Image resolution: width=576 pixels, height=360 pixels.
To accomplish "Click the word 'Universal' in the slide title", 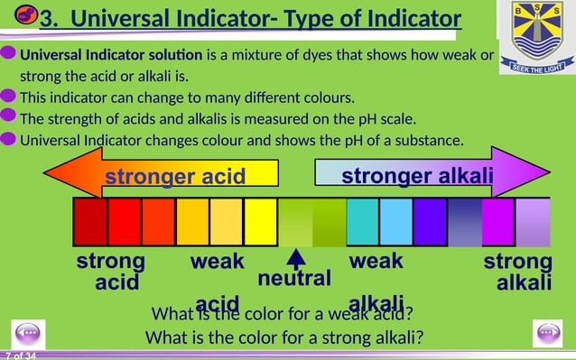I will [x=125, y=17].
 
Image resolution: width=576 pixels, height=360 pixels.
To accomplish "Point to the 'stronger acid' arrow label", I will [x=175, y=176].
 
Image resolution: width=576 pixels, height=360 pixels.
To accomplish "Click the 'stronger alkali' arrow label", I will [x=416, y=175].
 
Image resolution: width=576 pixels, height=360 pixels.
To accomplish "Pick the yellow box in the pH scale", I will [x=260, y=222].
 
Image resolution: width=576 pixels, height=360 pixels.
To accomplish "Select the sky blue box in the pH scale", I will [x=396, y=222].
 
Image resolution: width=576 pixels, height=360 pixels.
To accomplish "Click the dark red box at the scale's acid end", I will [x=90, y=222].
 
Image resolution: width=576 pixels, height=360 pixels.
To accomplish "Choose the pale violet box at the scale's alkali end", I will [x=533, y=222].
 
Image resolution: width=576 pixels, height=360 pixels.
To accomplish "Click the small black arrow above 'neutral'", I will [x=296, y=259].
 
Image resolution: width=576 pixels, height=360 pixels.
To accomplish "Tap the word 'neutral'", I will [x=295, y=279].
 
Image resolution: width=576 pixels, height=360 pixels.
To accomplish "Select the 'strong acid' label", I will [x=111, y=272].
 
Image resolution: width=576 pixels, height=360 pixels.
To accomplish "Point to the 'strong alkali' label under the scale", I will [x=518, y=272].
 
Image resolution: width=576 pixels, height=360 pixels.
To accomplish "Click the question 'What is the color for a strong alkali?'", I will [x=285, y=338].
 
